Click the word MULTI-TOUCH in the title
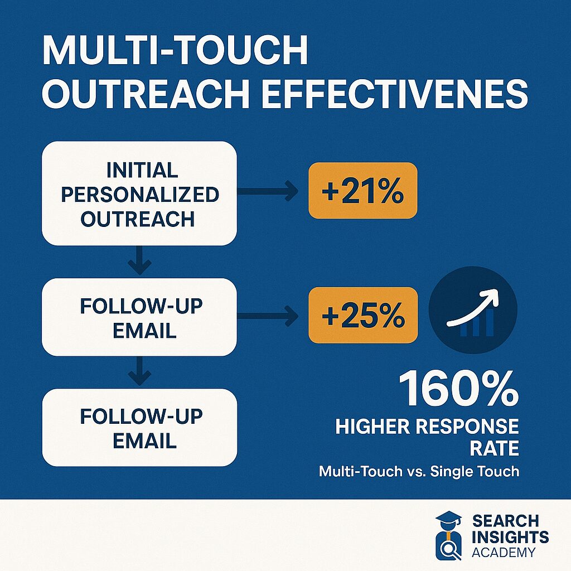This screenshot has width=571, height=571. [175, 50]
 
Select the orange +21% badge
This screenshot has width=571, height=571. [362, 191]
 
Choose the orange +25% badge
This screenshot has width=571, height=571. [363, 316]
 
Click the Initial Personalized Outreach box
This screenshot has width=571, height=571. [139, 193]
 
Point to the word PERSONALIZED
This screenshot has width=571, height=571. [140, 194]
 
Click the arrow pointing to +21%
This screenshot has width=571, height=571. [268, 191]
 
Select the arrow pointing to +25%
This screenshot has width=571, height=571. [268, 316]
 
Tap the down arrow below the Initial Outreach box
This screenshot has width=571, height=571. [139, 260]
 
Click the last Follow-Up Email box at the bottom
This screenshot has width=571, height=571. [139, 428]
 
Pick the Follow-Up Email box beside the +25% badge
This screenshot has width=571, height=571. [139, 317]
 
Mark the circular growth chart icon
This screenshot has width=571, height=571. [473, 310]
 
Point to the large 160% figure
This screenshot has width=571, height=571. [458, 389]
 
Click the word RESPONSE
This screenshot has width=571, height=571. [467, 427]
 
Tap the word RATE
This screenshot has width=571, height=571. [494, 448]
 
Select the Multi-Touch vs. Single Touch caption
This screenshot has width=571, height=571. [419, 472]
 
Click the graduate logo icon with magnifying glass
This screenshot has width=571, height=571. [449, 536]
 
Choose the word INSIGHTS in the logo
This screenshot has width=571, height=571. [510, 537]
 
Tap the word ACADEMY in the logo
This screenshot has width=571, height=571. [504, 552]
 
